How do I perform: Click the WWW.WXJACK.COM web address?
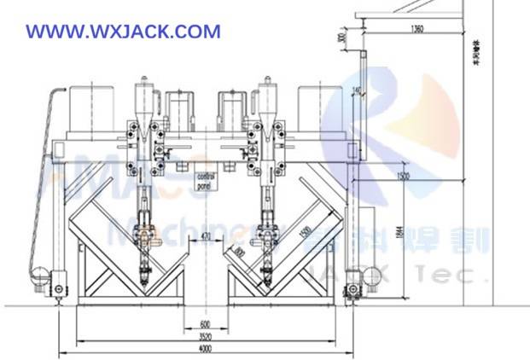click(123, 32)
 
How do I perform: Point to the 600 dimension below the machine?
click(205, 324)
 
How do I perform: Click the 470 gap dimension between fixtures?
click(206, 235)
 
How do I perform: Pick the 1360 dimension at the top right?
click(416, 30)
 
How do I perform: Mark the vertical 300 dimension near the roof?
click(341, 38)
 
